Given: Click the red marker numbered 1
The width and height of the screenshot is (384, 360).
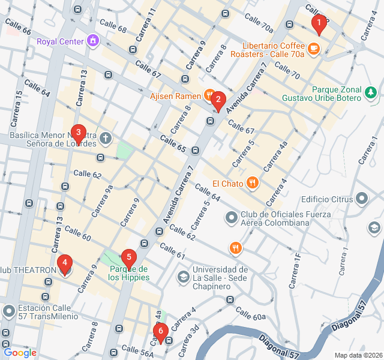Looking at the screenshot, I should click(319, 24).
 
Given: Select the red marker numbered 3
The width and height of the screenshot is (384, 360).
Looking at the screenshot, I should click(77, 133).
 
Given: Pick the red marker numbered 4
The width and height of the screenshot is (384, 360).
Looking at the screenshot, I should click(64, 263).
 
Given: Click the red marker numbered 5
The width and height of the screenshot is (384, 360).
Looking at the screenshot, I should click(128, 257).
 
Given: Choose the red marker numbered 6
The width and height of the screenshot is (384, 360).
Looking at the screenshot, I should click(160, 331).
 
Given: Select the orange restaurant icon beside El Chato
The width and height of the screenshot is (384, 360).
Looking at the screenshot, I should click(252, 182).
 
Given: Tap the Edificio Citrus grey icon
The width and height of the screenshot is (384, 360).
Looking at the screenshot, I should click(362, 198).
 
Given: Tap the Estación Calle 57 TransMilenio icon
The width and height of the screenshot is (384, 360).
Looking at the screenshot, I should click(8, 311).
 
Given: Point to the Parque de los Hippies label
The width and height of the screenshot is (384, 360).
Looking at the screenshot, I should click(128, 273).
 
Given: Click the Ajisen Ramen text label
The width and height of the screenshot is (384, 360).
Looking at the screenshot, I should click(175, 95).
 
